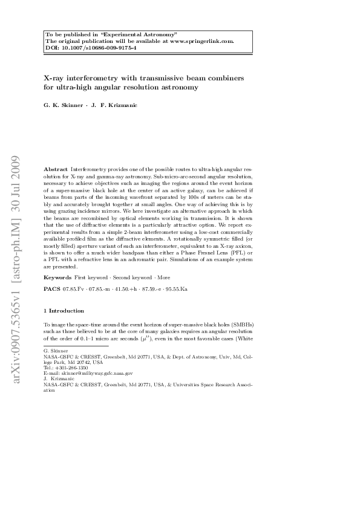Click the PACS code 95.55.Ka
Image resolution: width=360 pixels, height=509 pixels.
[175, 290]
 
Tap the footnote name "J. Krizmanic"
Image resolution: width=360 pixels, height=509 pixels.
[59, 379]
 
